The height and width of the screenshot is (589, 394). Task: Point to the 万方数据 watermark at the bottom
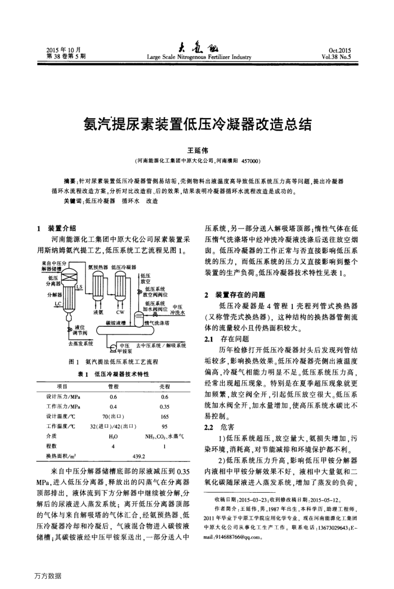click(x=47, y=575)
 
